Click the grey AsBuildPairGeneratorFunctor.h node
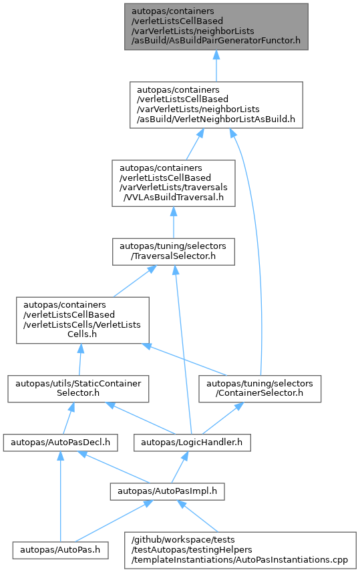[x=216, y=27]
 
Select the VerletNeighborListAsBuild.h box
[x=216, y=105]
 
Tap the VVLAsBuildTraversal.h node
[x=174, y=183]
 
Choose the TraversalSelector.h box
[x=174, y=252]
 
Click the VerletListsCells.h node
[x=83, y=320]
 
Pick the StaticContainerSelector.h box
[x=78, y=389]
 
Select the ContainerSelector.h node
[x=260, y=389]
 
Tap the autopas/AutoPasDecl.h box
[x=61, y=443]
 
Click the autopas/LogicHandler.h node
[x=192, y=443]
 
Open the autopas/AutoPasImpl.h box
[x=167, y=491]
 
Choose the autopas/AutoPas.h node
[x=60, y=550]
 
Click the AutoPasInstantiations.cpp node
[x=240, y=550]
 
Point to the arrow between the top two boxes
[x=216, y=65]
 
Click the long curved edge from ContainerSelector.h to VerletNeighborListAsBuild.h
[x=257, y=252]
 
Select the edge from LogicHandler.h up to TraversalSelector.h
[x=182, y=350]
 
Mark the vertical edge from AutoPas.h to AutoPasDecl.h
[x=61, y=496]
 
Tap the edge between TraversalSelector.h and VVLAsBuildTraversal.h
[x=174, y=222]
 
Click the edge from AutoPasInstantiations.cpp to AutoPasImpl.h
[x=198, y=516]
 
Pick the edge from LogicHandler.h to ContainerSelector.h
[x=220, y=418]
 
